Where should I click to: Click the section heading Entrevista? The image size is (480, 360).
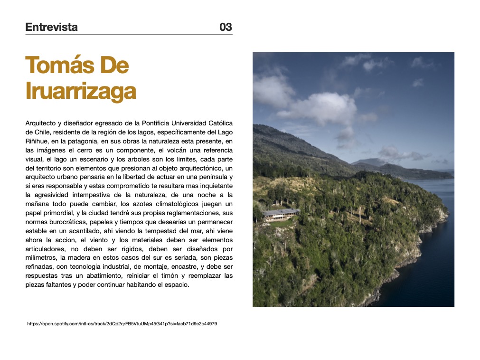point(51,27)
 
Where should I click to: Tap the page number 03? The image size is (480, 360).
point(226,27)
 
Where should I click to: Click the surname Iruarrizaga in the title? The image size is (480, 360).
point(80,91)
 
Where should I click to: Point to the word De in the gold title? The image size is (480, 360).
point(114,65)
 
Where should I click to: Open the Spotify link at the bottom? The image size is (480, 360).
point(122,323)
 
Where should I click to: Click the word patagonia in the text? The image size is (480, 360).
point(86,141)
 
